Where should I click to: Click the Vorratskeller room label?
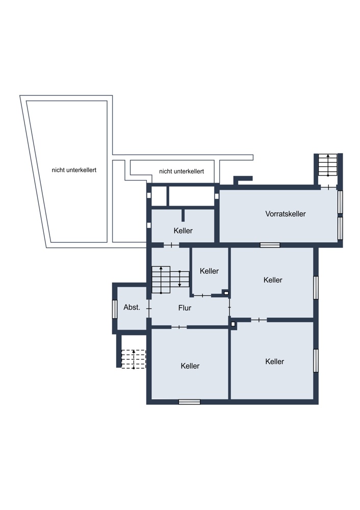point(285,214)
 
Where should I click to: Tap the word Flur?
point(185,308)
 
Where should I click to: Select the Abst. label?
point(132,307)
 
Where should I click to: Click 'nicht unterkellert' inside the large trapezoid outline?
point(74,170)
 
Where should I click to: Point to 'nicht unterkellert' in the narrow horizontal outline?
point(182,171)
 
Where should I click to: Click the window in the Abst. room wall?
point(114,309)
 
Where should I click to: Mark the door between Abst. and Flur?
point(149,308)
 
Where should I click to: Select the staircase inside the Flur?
point(170,279)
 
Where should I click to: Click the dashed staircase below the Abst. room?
point(134,359)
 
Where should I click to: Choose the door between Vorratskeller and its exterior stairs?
point(328,187)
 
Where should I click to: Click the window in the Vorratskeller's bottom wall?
point(270,245)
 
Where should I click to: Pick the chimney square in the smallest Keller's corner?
point(226,293)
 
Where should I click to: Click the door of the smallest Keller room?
point(202,296)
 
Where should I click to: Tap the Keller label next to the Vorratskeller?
point(183,231)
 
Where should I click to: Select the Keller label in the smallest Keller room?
point(209,271)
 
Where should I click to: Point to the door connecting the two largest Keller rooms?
point(259,320)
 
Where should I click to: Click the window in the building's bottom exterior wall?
point(190,402)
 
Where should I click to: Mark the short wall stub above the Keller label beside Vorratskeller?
point(183,215)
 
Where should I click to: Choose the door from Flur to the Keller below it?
point(179,327)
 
